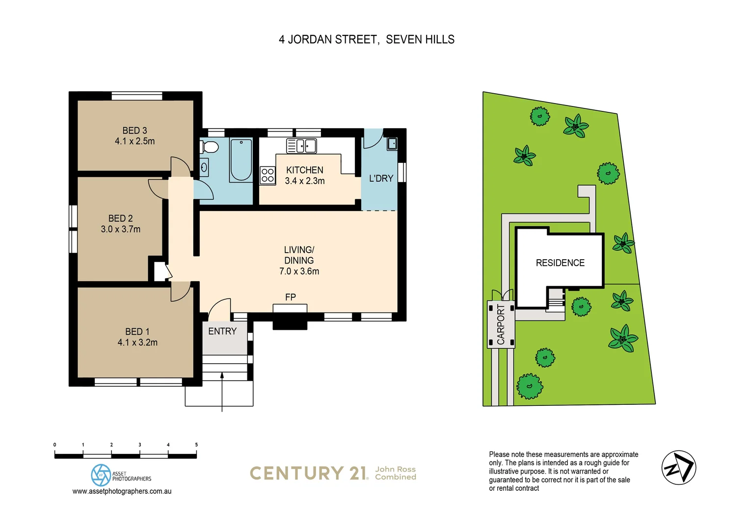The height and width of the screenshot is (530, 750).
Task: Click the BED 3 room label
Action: [134, 131]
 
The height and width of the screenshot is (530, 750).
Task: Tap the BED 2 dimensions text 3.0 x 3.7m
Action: [121, 229]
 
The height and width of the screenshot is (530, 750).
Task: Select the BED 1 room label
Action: [137, 332]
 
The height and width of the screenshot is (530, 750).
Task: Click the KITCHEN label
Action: [304, 170]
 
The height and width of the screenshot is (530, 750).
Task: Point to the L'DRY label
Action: [381, 179]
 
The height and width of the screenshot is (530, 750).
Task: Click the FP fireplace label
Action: [290, 297]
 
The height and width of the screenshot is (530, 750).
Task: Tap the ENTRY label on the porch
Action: [222, 331]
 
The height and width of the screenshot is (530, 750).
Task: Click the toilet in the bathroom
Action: [210, 147]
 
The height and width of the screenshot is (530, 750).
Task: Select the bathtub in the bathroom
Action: [241, 160]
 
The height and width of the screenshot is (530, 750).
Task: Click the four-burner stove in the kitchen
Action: [268, 175]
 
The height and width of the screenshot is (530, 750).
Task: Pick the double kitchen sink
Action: [301, 146]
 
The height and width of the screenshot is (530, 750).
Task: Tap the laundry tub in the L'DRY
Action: [392, 144]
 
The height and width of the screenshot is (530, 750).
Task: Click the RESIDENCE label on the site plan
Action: [560, 263]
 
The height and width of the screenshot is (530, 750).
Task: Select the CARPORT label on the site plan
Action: [501, 324]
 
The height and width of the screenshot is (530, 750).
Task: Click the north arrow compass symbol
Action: [678, 468]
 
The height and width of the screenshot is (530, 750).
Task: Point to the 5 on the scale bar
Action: [196, 445]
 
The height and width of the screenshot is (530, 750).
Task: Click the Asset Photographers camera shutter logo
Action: [101, 475]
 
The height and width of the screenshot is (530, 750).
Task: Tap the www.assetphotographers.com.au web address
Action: [122, 491]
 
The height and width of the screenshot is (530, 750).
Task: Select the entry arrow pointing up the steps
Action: [222, 390]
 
